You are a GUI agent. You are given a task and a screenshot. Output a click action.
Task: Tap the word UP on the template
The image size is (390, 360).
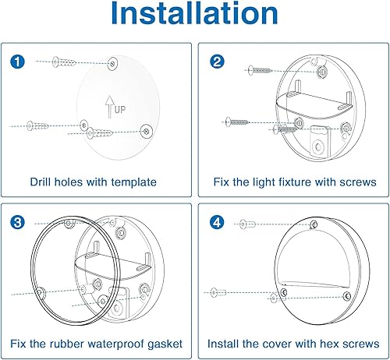119,111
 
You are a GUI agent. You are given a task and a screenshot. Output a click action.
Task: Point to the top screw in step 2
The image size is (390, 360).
261,70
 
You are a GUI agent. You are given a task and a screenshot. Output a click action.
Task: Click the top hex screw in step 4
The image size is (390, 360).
249,224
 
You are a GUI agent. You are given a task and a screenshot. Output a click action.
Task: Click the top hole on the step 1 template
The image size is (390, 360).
114,62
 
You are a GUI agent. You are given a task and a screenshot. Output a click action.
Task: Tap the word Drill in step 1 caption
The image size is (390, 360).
43,182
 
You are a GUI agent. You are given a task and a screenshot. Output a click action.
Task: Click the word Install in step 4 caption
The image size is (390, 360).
225,344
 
